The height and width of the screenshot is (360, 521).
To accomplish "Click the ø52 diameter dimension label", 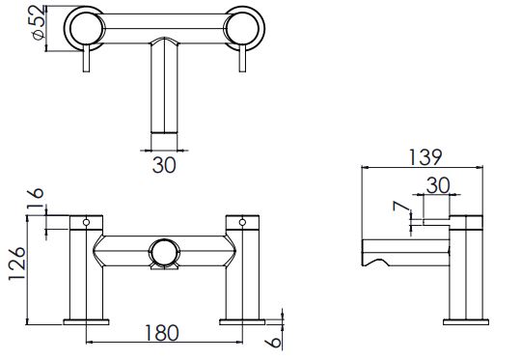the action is [x=39, y=22].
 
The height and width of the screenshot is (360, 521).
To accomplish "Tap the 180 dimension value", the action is [x=162, y=333].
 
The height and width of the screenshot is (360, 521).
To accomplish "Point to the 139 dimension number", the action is [x=425, y=157].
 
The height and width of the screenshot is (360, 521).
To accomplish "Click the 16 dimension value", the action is [x=36, y=198].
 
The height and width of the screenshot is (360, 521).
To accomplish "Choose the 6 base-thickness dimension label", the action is [x=274, y=342].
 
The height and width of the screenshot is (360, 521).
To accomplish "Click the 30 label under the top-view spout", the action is [x=164, y=165].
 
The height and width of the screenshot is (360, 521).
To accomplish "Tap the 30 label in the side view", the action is [x=438, y=185].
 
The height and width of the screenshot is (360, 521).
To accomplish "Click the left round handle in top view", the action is [x=84, y=29].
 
